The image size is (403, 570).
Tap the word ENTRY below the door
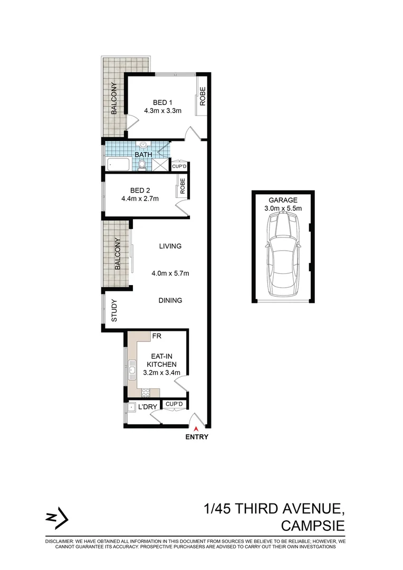point(197,437)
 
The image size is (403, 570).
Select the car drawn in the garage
point(284,258)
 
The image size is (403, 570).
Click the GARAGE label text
point(283,200)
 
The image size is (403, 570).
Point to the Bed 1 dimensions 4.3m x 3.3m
point(162,111)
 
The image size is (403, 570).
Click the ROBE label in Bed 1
point(202,99)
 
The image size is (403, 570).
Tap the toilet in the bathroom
point(142,165)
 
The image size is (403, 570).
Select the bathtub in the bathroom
point(118,165)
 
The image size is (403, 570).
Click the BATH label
point(143,155)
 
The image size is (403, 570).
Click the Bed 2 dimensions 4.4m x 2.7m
point(140,198)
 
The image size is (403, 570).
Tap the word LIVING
point(170,246)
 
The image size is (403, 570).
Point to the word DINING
point(170,300)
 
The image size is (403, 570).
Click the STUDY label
point(114,311)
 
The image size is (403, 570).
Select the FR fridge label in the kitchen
point(157,336)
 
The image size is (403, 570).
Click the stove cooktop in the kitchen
point(146,392)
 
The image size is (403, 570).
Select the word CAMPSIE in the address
point(313,526)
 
